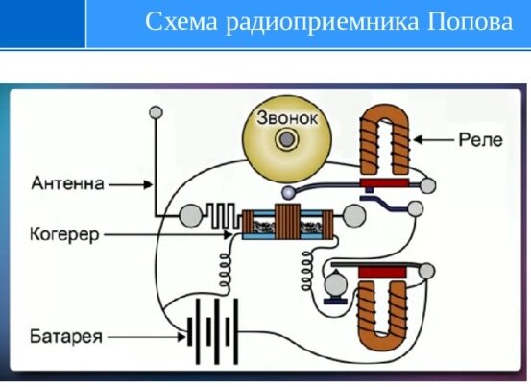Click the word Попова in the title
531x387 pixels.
[x=471, y=22]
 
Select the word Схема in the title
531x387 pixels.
[x=181, y=22]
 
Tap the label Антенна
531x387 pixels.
[x=67, y=183]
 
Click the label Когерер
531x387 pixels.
[x=64, y=234]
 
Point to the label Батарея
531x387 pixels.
[x=66, y=336]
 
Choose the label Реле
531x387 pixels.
[x=480, y=140]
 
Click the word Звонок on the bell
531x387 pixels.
[x=287, y=118]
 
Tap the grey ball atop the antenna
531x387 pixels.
[x=157, y=112]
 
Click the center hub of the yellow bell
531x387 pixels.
[x=286, y=139]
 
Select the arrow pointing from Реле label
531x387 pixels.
[x=433, y=139]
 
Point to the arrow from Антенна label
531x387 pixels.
[x=131, y=184]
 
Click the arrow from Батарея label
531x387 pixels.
[x=147, y=337]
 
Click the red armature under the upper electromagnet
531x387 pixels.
[x=384, y=183]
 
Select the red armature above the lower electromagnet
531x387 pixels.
[x=382, y=273]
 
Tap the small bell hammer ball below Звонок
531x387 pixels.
[x=288, y=193]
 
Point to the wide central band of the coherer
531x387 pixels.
[x=287, y=222]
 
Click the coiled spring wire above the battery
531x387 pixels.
[x=225, y=271]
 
